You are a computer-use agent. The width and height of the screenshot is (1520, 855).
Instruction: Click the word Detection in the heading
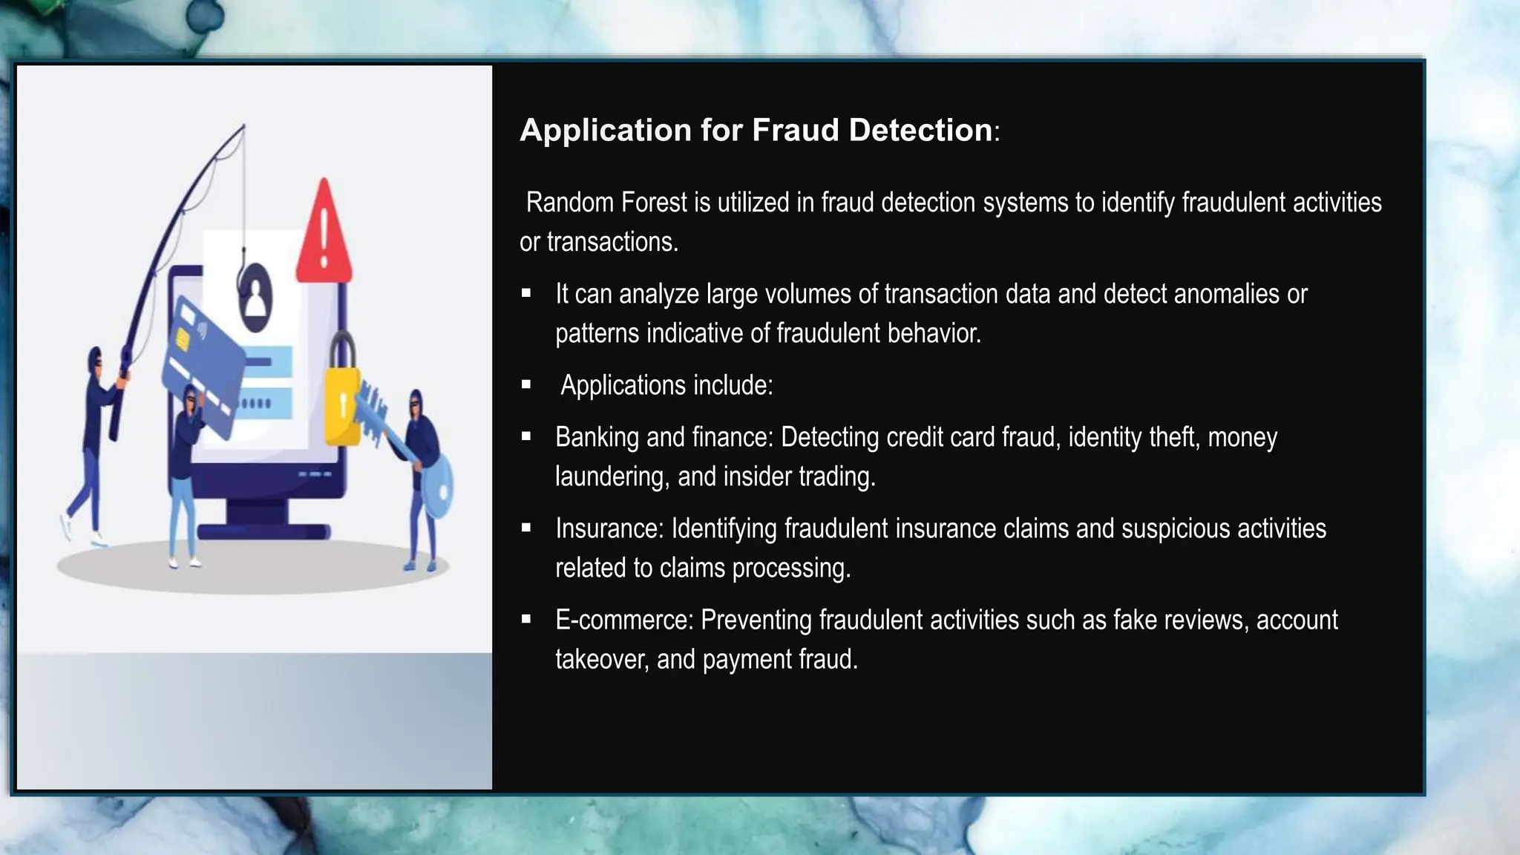point(920,130)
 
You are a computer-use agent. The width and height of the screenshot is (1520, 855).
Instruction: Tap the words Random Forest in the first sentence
point(607,203)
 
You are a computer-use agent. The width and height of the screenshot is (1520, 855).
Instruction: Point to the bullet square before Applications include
point(526,384)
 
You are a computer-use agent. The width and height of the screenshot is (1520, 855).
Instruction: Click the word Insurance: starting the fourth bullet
point(609,528)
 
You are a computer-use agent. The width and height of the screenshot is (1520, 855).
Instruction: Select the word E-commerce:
point(624,620)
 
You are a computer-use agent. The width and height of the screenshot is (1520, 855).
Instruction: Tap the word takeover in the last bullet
point(601,659)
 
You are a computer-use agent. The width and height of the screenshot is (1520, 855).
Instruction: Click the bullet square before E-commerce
point(526,619)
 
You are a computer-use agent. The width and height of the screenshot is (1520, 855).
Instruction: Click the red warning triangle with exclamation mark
point(324,234)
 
